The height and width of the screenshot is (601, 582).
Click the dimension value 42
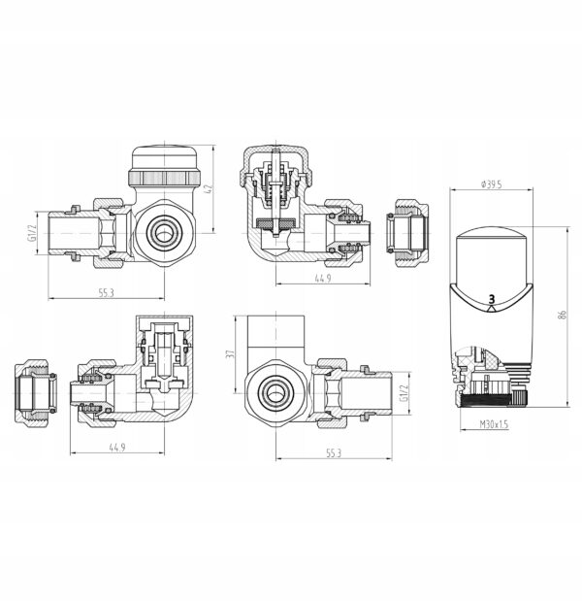tap(210, 189)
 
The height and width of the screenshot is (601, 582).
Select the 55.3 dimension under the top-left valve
tap(107, 293)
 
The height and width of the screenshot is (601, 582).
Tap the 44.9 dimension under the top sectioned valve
tap(323, 279)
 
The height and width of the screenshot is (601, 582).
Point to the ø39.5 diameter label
tap(492, 184)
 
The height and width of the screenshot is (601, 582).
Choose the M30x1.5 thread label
tap(494, 424)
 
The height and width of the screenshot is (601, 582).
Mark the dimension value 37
tap(230, 353)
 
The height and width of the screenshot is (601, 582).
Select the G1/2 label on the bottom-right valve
tap(404, 393)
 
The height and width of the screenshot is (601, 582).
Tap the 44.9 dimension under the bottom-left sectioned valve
tap(117, 448)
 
